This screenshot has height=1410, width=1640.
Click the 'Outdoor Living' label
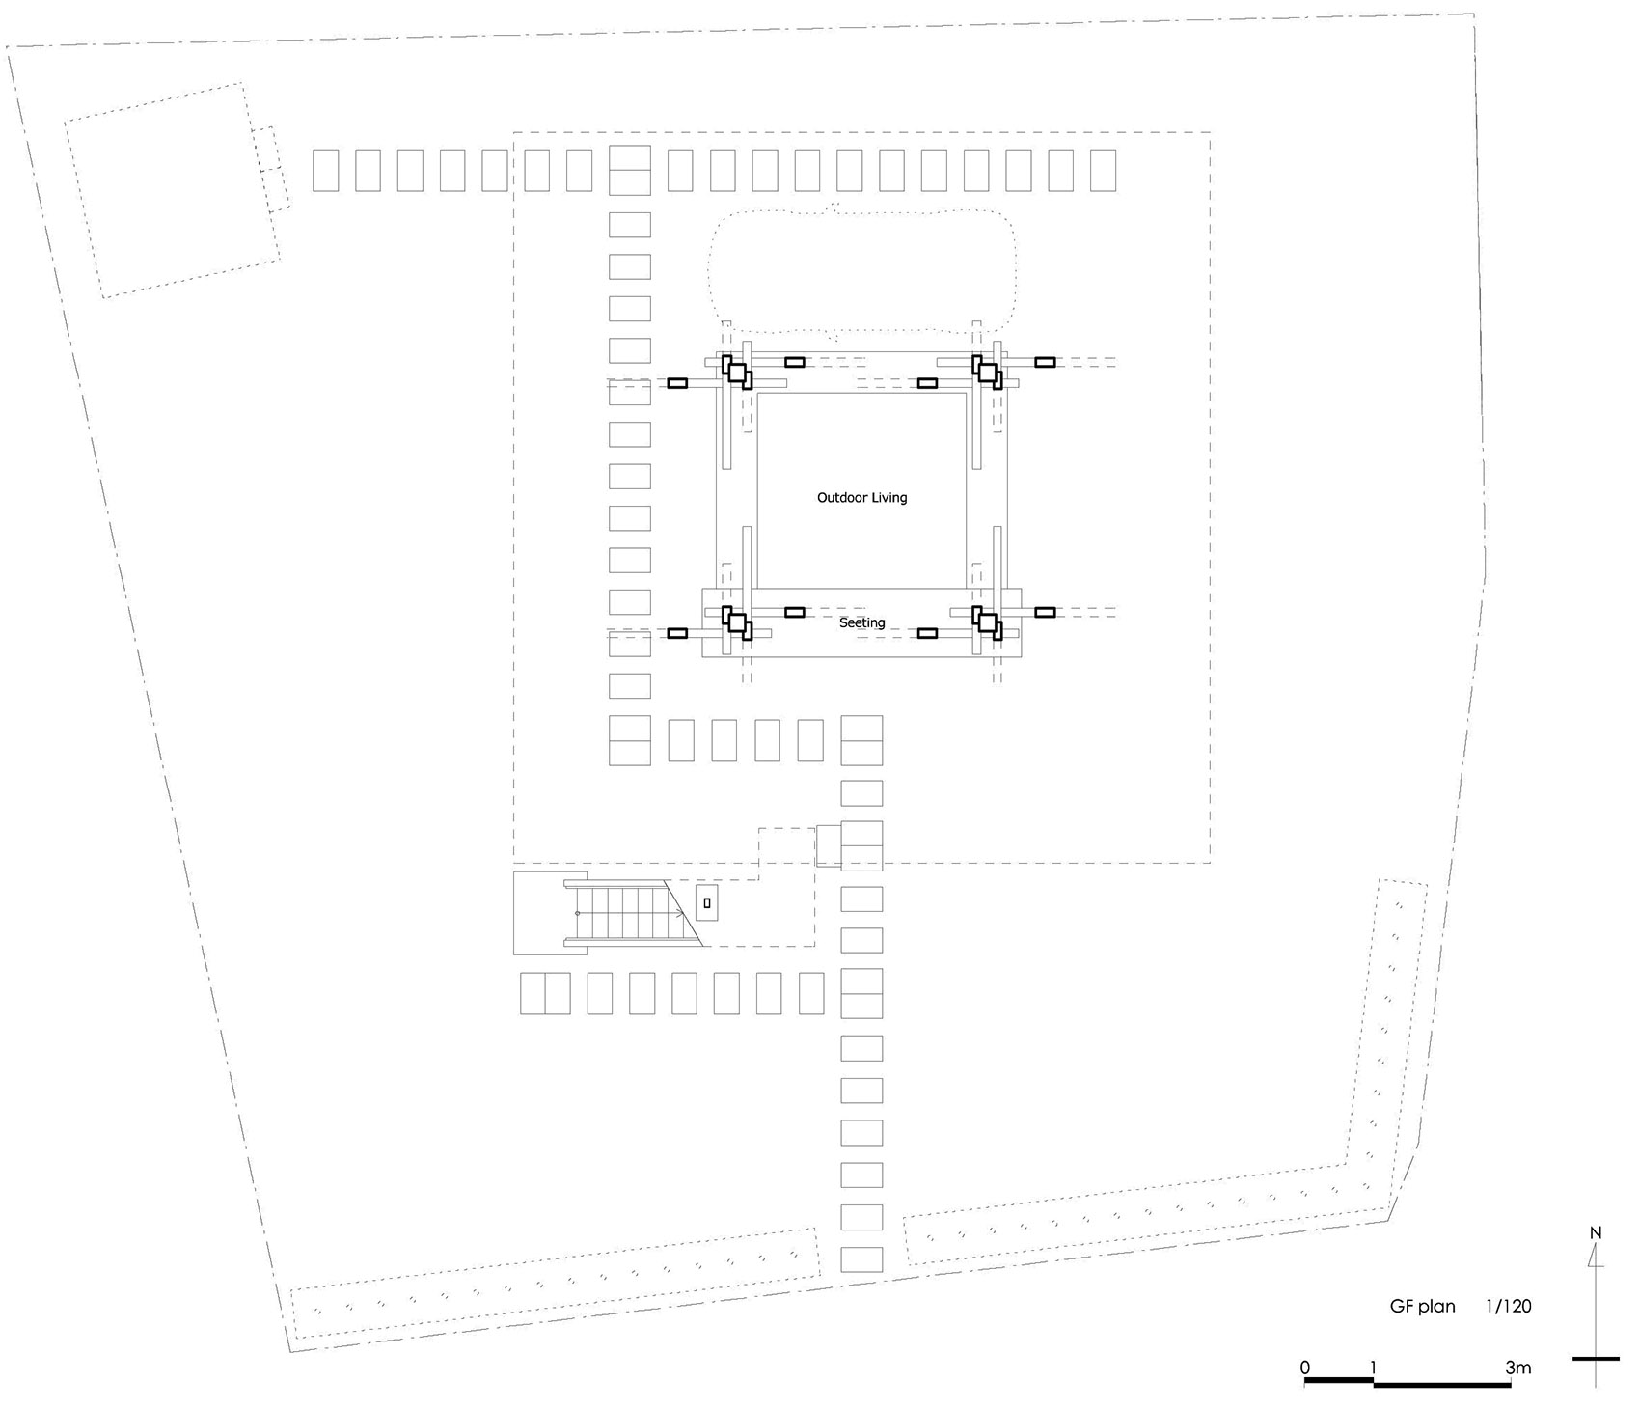pyautogui.click(x=861, y=498)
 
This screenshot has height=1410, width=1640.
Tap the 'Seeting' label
pyautogui.click(x=861, y=622)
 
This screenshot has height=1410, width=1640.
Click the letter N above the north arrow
pyautogui.click(x=1596, y=1233)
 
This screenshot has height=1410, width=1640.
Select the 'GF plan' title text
pyautogui.click(x=1422, y=1307)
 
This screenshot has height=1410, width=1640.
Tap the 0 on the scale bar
pyautogui.click(x=1304, y=1368)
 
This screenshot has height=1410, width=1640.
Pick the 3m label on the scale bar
pyautogui.click(x=1517, y=1368)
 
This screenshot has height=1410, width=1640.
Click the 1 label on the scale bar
pyautogui.click(x=1371, y=1368)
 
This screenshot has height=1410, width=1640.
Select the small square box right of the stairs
pyautogui.click(x=707, y=903)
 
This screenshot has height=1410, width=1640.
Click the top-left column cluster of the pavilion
pyautogui.click(x=738, y=373)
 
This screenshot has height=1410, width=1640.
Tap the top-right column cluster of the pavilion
pyautogui.click(x=988, y=372)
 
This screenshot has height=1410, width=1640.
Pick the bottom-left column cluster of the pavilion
pyautogui.click(x=738, y=622)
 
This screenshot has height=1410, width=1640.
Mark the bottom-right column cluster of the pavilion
pyautogui.click(x=988, y=622)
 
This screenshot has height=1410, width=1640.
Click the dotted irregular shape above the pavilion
pyautogui.click(x=861, y=270)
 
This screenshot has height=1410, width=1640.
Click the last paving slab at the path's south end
pyautogui.click(x=861, y=1259)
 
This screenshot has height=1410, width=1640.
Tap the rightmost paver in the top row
pyautogui.click(x=1104, y=170)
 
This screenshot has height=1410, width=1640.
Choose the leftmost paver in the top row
pyautogui.click(x=326, y=170)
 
